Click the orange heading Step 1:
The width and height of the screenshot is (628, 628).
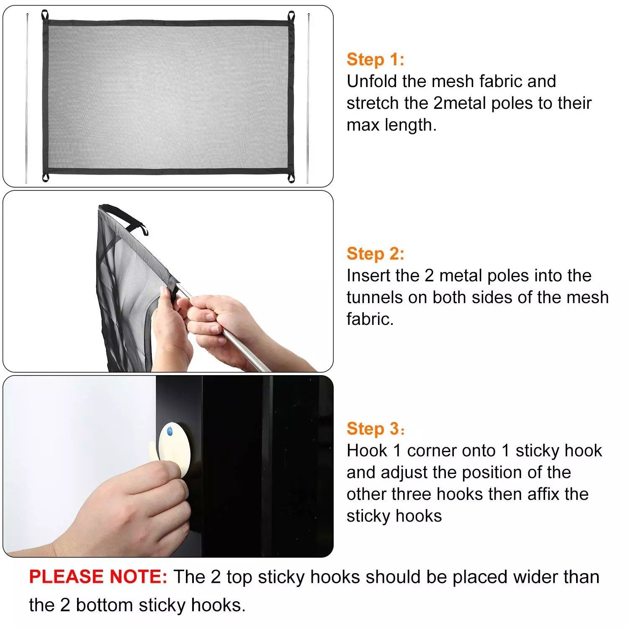click(x=375, y=59)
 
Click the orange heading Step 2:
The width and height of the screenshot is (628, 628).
click(x=375, y=254)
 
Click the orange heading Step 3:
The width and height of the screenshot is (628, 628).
click(x=375, y=429)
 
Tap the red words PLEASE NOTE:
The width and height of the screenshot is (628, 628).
click(x=98, y=577)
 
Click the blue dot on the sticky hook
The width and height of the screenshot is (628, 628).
click(x=170, y=431)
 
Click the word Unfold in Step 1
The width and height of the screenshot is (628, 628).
click(x=372, y=81)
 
